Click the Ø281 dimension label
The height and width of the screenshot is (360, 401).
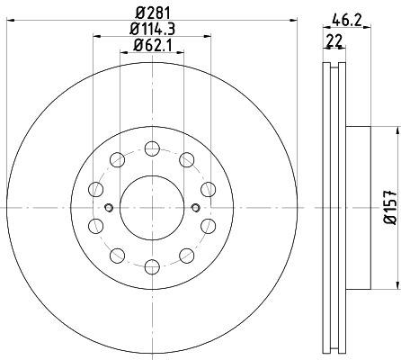153,13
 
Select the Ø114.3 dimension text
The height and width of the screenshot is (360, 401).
152,29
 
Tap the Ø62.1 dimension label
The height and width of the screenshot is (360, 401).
152,46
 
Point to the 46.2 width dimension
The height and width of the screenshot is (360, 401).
347,21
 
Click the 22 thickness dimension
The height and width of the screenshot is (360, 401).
334,40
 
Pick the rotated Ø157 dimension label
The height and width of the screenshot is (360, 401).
390,207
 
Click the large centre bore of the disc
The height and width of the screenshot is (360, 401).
152,208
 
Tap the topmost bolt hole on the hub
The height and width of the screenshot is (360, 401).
152,148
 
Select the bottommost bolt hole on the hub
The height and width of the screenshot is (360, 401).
152,266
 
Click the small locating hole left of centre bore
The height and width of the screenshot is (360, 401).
109,207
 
